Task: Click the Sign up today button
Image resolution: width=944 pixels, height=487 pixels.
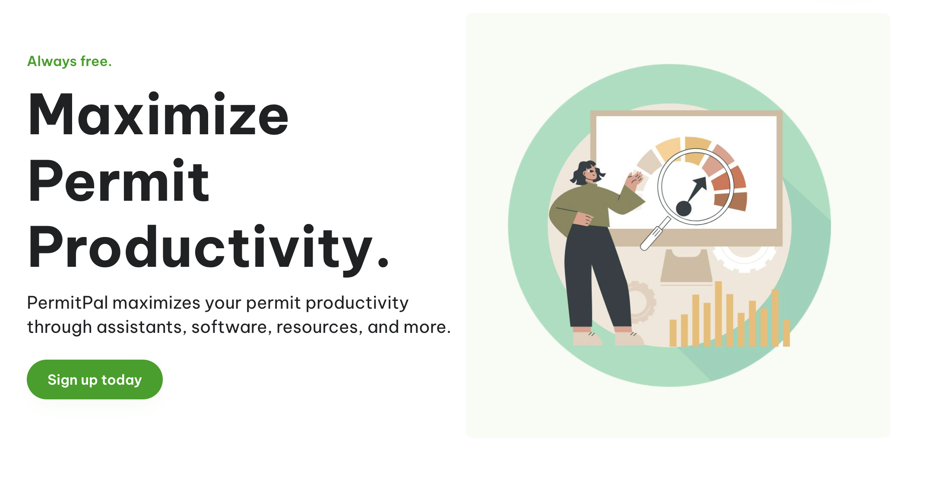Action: point(95,379)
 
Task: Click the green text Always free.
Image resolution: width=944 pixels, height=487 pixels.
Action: point(70,61)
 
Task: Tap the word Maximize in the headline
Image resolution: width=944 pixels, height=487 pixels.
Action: point(158,115)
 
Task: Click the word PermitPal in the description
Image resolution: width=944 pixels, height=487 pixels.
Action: point(67,303)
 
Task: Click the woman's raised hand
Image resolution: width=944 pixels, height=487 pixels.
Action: point(634,179)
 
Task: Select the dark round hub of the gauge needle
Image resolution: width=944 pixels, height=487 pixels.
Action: point(684,209)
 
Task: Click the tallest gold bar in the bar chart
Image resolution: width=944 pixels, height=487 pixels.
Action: point(718,313)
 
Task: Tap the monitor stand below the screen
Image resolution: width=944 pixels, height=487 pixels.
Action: point(686,266)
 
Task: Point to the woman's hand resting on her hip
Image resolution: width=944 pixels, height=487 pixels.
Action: point(583,219)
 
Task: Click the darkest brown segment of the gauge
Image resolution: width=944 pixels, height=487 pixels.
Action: point(731,201)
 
